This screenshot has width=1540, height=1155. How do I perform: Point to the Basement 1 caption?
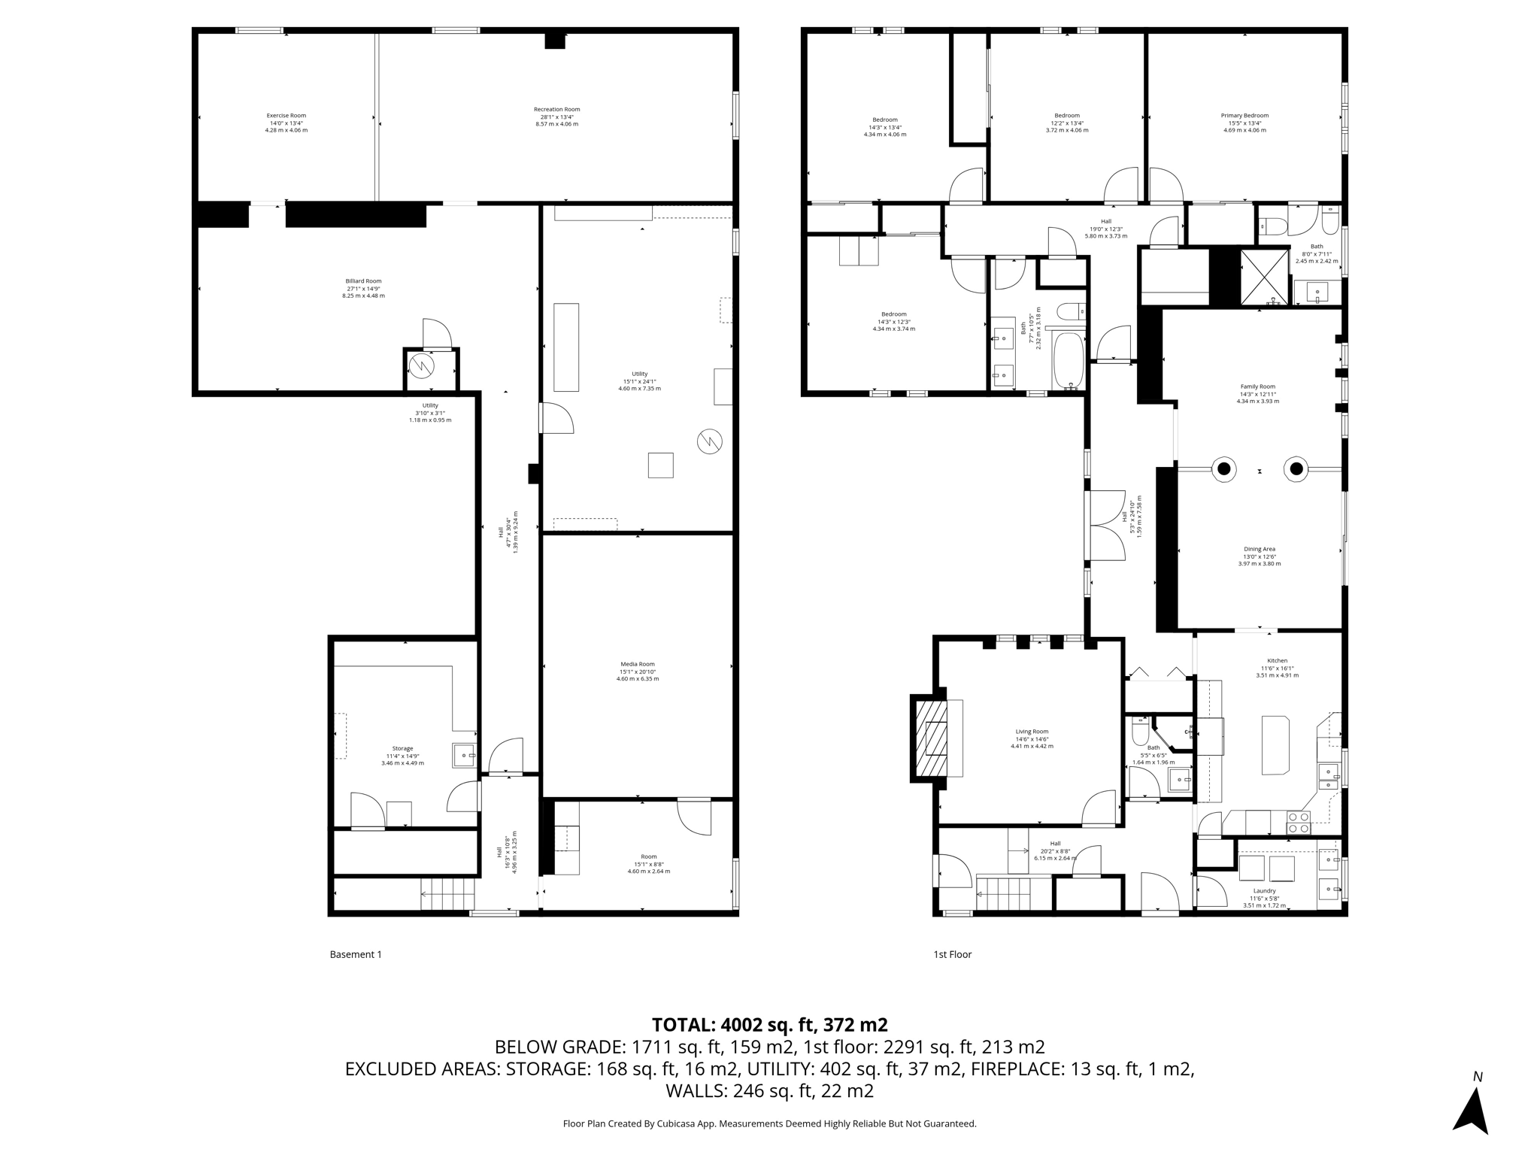coord(356,954)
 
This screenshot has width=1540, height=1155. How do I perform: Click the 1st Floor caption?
coord(952,954)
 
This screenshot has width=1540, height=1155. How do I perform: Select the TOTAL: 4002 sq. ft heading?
coord(769,1025)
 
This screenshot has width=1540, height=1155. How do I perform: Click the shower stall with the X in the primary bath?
coord(1263,276)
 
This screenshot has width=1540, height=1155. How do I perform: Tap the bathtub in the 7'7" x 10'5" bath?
coord(1068,359)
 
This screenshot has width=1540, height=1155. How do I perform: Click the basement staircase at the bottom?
coord(448,894)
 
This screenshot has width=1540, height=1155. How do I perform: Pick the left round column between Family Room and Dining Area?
coord(1223,469)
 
